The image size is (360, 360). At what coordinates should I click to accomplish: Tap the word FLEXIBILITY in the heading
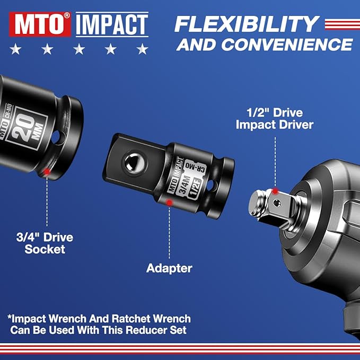247,24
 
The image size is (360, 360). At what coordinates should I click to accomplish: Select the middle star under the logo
79,50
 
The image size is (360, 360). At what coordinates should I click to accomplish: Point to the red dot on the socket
47,171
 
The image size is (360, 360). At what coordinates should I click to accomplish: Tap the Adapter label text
169,268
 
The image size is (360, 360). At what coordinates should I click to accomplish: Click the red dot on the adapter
169,201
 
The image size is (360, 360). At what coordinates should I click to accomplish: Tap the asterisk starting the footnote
10,319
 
